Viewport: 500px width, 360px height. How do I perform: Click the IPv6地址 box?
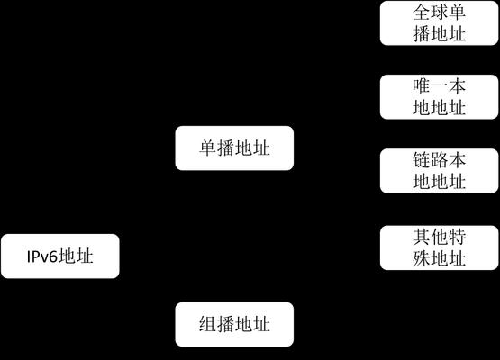(60, 256)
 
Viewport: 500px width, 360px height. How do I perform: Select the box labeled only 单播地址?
(234, 148)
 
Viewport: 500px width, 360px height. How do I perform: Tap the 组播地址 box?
(234, 324)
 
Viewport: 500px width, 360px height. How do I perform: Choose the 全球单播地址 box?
(439, 22)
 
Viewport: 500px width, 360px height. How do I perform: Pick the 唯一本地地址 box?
(439, 97)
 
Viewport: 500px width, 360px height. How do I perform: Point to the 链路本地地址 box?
(439, 171)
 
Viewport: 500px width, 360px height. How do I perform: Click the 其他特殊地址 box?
(439, 247)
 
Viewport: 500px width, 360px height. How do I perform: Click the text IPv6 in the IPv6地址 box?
(42, 256)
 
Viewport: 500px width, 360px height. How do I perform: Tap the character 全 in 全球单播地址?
(422, 12)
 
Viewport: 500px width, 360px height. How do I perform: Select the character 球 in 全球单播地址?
(439, 12)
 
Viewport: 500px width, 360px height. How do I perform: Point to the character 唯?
(422, 86)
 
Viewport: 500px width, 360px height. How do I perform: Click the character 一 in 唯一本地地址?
(439, 86)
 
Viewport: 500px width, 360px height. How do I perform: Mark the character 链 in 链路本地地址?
(422, 160)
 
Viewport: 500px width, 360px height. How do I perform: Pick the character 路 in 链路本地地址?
(439, 160)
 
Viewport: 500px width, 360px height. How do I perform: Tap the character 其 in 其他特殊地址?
(422, 237)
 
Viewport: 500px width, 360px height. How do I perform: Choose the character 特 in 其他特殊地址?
(457, 237)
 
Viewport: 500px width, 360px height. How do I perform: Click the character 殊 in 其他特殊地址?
(422, 258)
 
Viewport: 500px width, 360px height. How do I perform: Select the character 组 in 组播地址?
(208, 324)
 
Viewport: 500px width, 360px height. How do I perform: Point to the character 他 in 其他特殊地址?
(439, 237)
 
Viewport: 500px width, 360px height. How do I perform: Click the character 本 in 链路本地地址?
(457, 160)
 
